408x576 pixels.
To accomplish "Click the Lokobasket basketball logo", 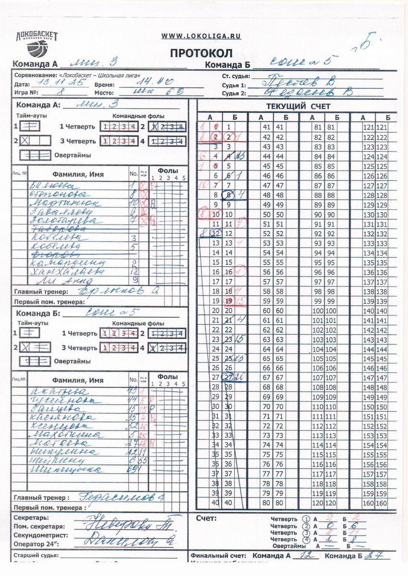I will [36, 43].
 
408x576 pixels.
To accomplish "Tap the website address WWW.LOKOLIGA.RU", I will [201, 36].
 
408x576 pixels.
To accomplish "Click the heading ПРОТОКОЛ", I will [201, 53].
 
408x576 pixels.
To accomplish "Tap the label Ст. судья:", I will [235, 76].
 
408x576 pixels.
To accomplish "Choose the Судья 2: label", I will [234, 93].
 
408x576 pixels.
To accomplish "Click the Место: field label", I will [104, 93].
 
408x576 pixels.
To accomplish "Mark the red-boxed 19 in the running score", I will [228, 300].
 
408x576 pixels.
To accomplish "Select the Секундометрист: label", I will [40, 535].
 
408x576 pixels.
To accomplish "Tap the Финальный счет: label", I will [219, 556].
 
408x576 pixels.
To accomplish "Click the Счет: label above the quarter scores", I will [206, 518].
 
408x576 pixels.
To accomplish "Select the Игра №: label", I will [26, 93].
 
